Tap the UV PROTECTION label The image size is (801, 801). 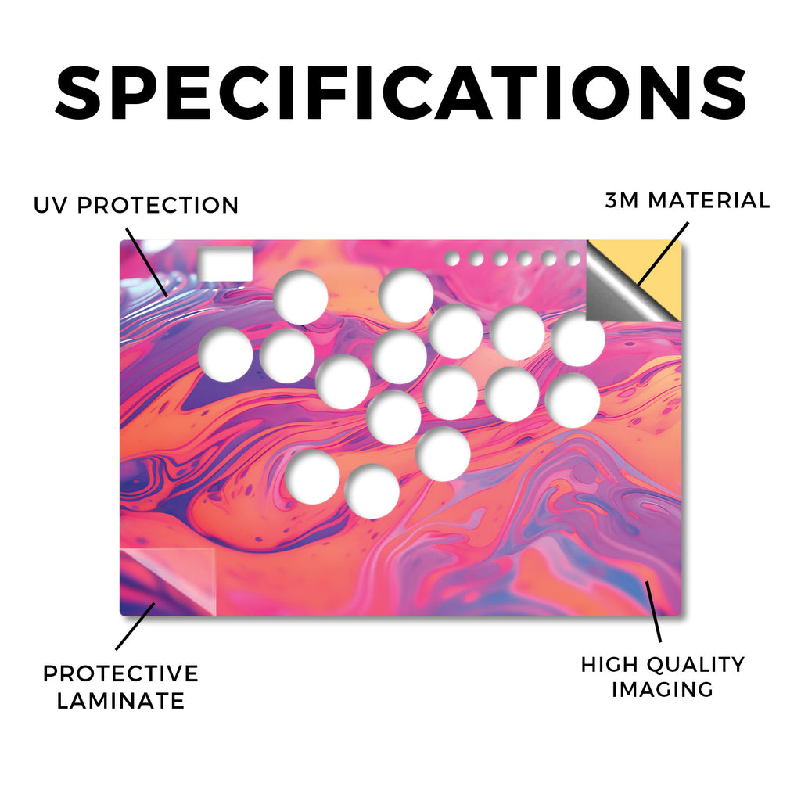136,206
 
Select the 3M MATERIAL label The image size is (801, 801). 687,200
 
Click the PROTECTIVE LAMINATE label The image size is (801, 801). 120,687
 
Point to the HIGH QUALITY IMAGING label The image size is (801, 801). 663,677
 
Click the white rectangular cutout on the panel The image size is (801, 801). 225,264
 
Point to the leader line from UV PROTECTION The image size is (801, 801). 146,262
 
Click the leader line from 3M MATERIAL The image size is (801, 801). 663,253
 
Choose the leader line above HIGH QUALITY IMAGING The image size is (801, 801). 653,611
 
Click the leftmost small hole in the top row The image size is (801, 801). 451,258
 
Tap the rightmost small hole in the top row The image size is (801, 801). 573,258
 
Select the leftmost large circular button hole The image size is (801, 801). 225,354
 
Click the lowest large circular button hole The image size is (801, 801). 372,491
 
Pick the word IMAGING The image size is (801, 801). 663,689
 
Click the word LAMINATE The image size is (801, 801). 120,700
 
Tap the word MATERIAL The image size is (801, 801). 709,200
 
